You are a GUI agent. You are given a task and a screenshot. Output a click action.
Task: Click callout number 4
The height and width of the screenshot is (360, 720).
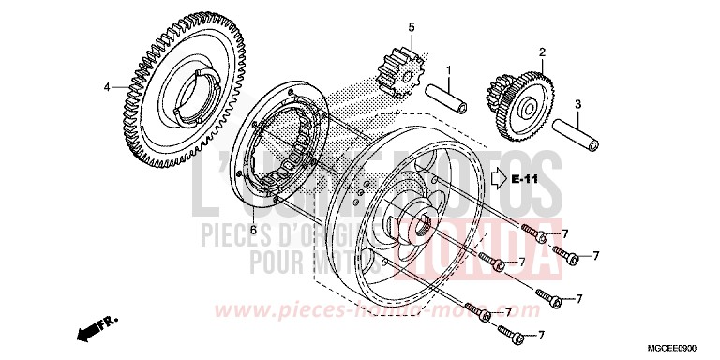(x=107, y=87)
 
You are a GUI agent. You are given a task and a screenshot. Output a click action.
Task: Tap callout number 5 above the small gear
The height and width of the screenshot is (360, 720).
(x=410, y=27)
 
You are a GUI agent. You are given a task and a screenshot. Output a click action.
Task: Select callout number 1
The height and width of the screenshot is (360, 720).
(x=448, y=71)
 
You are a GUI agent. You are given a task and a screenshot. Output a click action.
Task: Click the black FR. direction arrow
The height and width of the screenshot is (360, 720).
(x=89, y=328)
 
